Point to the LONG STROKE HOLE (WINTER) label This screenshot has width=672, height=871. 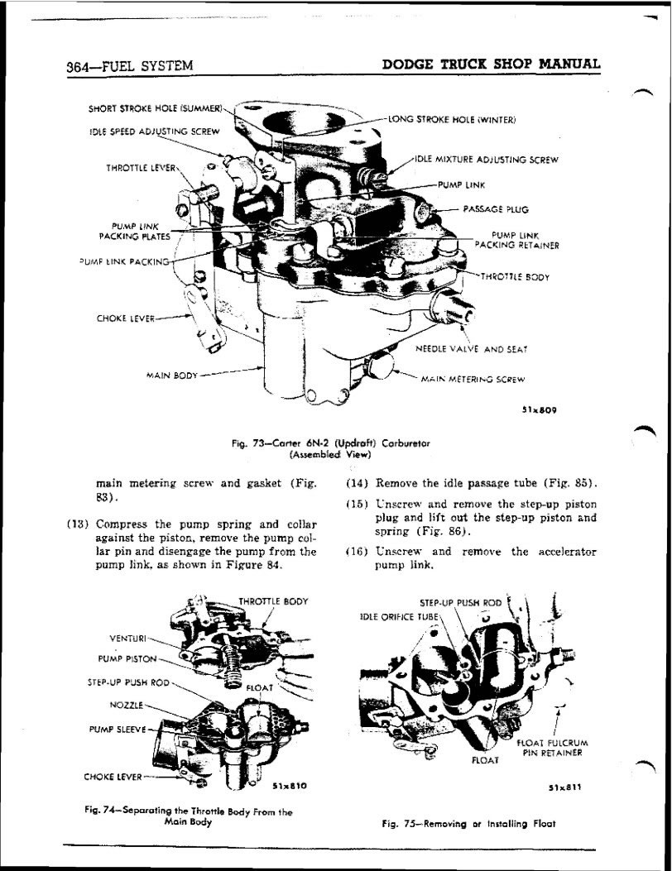tap(452, 119)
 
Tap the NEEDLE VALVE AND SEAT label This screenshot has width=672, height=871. tap(471, 349)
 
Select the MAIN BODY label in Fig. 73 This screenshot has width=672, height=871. tap(172, 375)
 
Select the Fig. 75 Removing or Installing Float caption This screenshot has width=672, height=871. tap(468, 824)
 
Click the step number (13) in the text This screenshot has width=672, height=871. tap(79, 524)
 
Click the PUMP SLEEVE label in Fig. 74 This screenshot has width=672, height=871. tap(118, 730)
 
